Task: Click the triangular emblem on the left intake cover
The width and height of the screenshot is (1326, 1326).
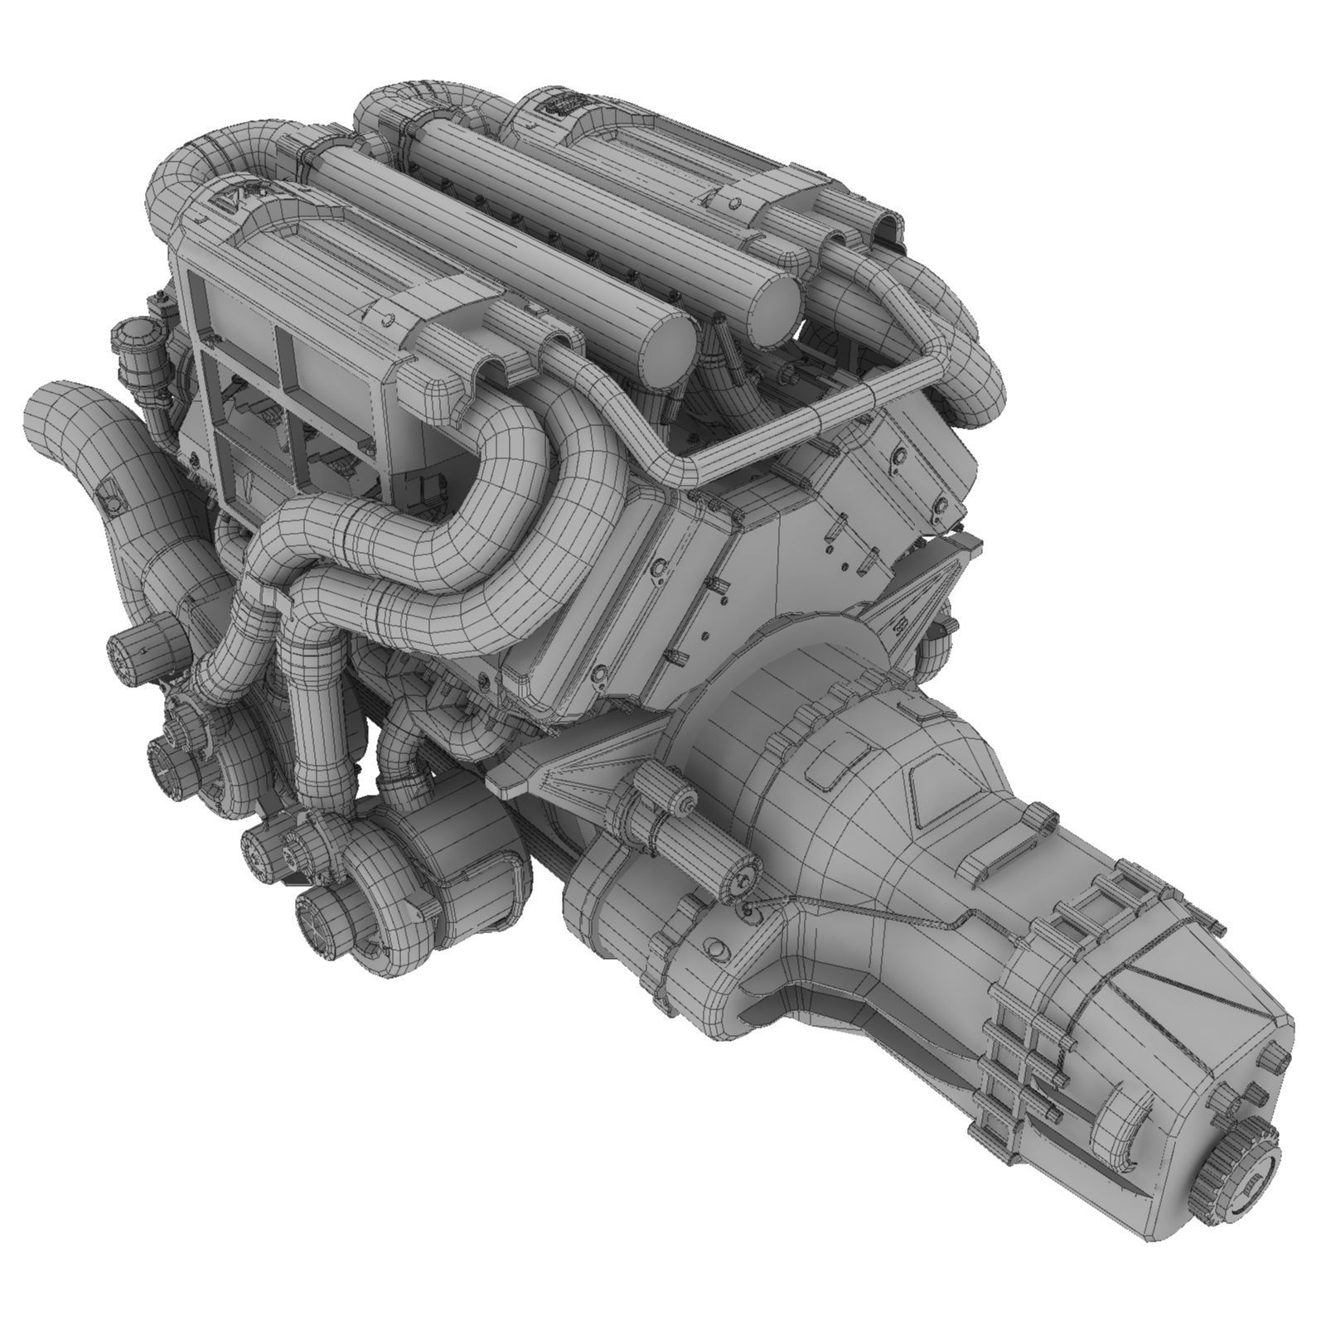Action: click(223, 198)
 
